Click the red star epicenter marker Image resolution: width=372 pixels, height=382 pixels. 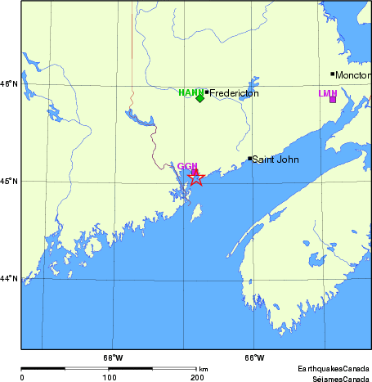pos(196,177)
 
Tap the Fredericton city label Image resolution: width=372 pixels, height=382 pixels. pos(235,93)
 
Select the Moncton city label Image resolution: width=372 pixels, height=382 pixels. pos(353,75)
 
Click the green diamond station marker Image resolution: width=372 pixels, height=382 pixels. pos(199,98)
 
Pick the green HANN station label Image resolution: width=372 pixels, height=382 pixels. pos(190,92)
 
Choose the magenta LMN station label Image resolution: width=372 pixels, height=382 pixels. pos(327,93)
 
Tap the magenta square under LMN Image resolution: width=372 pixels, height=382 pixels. pos(333,99)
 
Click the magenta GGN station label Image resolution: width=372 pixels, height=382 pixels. pos(187,166)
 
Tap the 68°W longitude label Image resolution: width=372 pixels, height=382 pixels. pos(113,357)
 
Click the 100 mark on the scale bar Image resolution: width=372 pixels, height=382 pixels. pos(109,377)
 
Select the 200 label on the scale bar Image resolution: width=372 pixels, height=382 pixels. pos(196,377)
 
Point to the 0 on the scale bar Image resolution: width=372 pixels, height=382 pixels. pos(22,377)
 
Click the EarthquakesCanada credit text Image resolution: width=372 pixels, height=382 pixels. pos(333,370)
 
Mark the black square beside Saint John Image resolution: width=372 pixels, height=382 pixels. pos(249,159)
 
